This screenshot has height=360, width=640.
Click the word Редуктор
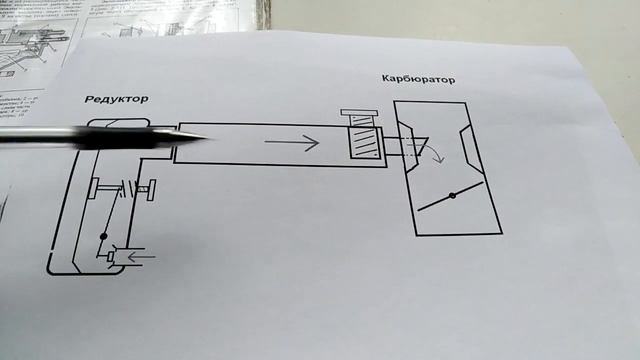point(117,100)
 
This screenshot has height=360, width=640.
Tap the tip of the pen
point(205,138)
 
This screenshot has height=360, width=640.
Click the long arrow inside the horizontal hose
point(291,144)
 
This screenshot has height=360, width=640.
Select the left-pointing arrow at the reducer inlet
point(143,257)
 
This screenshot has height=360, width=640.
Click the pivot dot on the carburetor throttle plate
point(452,195)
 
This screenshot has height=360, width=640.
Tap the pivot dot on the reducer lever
point(103,238)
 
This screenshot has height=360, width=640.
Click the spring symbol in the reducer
point(124,188)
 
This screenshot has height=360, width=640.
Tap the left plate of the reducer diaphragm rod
point(91,188)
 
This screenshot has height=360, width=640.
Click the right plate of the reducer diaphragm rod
point(151,187)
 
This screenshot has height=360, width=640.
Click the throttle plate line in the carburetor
point(452,196)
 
